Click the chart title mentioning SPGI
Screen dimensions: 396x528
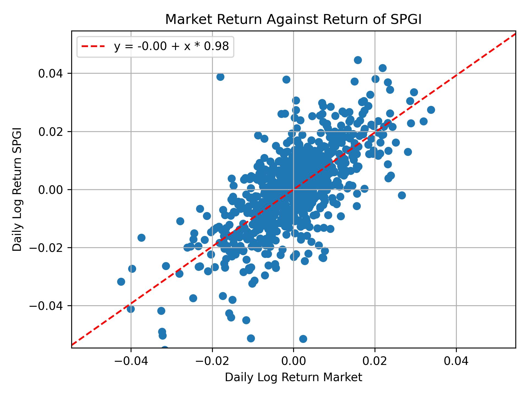tap(293, 20)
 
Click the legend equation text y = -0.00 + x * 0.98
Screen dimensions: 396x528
tap(171, 47)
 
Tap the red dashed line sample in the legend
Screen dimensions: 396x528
tap(93, 47)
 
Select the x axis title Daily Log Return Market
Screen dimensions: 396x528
tap(293, 378)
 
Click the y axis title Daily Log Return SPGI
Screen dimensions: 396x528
tap(17, 189)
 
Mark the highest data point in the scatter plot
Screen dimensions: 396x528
tap(358, 60)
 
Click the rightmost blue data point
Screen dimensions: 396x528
tap(431, 110)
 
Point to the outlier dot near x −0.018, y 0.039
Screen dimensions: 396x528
tap(220, 77)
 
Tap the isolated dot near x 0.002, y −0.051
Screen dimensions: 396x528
tap(303, 339)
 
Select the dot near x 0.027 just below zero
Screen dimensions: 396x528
tap(402, 195)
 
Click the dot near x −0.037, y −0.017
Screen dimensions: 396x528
tap(141, 238)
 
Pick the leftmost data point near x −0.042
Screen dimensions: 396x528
tap(121, 282)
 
